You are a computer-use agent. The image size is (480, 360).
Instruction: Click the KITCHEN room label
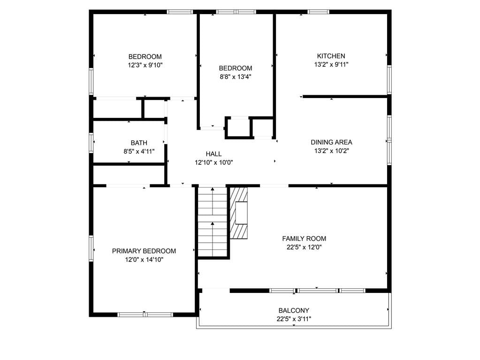coord(331,56)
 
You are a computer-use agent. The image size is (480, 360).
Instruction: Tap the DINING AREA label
coord(331,142)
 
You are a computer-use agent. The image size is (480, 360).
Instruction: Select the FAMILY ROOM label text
coord(304,238)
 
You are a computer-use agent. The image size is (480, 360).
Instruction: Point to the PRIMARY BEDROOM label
coord(144,251)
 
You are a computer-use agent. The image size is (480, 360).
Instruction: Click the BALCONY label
coord(294,310)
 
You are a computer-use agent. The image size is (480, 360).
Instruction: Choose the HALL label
coord(213,154)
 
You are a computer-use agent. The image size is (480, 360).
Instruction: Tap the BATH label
coord(139,143)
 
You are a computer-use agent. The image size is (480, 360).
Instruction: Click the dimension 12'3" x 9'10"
coord(145,65)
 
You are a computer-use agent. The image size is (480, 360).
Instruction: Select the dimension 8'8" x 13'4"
coord(236,77)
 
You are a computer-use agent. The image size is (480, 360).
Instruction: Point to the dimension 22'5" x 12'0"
coord(304,247)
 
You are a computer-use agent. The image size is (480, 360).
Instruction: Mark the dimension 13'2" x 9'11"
coord(331,64)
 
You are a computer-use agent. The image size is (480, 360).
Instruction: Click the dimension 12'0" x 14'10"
coord(144,260)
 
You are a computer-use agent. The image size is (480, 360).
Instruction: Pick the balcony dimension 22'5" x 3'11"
coord(294,319)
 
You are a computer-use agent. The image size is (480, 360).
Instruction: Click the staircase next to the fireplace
coord(213,221)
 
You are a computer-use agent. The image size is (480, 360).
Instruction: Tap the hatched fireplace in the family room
coord(239,213)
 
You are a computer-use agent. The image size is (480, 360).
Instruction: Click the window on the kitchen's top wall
coord(319,12)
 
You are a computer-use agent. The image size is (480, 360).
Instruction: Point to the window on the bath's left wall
coord(91,143)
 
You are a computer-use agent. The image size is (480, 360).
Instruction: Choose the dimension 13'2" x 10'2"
coord(331,151)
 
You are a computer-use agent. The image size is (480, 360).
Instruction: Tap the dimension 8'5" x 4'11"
coord(139,151)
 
